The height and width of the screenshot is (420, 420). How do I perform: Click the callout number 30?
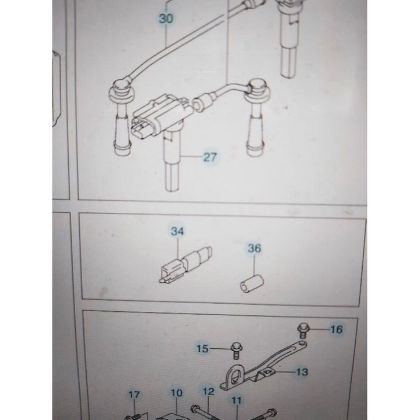[x=166, y=19]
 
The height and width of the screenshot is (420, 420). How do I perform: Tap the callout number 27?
[x=209, y=156]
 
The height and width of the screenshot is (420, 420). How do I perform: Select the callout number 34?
[x=177, y=231]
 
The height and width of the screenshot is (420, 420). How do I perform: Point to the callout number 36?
[x=255, y=249]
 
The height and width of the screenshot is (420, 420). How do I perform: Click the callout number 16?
[x=336, y=330]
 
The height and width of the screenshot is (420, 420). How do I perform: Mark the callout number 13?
[x=302, y=372]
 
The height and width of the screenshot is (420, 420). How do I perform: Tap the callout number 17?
[x=134, y=395]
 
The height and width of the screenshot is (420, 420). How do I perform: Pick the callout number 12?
[x=208, y=393]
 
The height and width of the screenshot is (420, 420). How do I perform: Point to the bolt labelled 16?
[x=302, y=330]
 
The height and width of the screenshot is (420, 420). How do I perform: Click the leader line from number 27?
[x=191, y=156]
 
